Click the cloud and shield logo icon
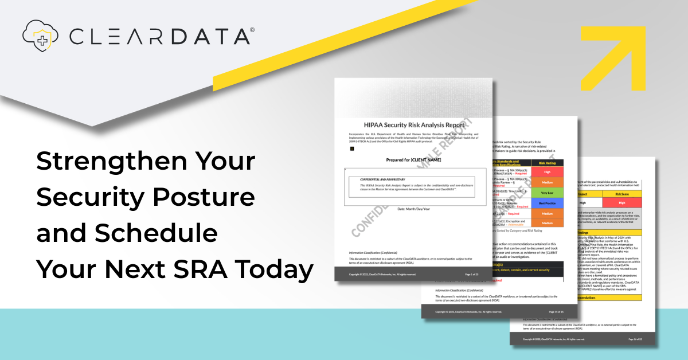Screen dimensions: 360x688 (x=41, y=35)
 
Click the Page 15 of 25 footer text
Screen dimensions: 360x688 (x=554, y=311)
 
